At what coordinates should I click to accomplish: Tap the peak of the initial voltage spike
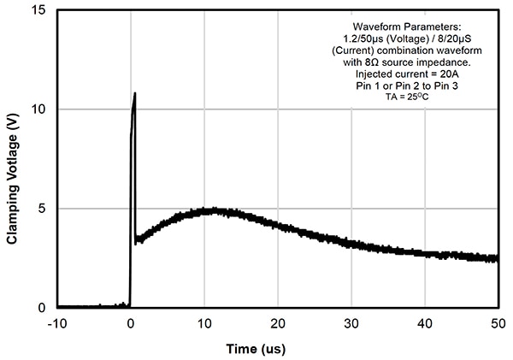pyautogui.click(x=135, y=93)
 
